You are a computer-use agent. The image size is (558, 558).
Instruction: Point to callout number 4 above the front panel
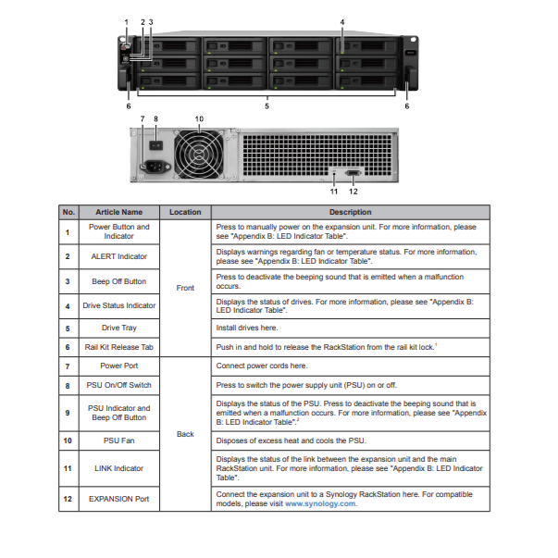341,21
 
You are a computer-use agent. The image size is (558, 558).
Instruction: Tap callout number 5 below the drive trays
267,107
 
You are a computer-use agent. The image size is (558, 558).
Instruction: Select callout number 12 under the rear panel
353,192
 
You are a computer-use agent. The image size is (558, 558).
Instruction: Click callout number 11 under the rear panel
334,192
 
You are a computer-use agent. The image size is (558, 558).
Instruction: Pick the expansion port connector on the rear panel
353,173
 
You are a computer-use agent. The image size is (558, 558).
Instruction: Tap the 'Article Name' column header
119,212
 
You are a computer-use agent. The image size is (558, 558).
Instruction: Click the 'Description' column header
348,212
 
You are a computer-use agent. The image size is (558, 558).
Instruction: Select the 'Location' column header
185,212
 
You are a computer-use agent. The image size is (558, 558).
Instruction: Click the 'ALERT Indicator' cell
119,255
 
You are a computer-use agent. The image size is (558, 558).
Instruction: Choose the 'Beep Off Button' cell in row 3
119,280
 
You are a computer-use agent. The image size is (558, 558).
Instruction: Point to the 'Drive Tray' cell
119,328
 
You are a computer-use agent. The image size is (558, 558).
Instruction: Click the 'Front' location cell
185,288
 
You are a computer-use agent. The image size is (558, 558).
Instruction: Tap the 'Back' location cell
185,433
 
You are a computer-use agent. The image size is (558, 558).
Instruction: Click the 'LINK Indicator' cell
119,468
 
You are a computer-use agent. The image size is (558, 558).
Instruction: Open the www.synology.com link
320,504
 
